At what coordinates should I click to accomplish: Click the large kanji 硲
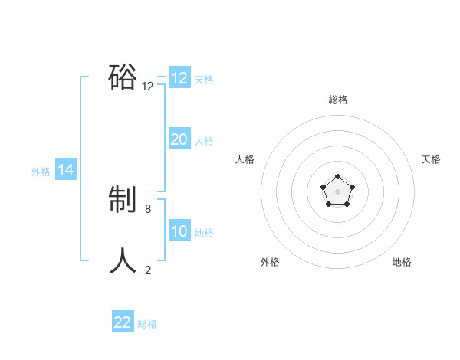pos(123,77)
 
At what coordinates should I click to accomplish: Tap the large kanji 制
pos(123,201)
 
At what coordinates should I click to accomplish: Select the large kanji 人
pos(123,261)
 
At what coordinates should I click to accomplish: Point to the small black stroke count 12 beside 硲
pos(148,87)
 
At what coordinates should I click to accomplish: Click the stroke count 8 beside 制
pos(148,208)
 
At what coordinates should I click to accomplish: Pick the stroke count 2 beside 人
pos(148,270)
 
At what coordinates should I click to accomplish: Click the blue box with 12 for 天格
pos(179,78)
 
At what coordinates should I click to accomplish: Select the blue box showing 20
pos(179,139)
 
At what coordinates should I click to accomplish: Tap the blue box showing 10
pos(179,231)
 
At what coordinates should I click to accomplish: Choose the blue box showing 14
pos(66,170)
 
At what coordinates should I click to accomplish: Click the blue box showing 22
pos(123,322)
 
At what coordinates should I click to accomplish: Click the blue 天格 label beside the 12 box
pos(204,79)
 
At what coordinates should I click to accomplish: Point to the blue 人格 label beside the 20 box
pos(204,140)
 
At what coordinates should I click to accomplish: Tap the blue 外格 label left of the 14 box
pos(41,172)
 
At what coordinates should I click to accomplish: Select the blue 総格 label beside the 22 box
pos(147,323)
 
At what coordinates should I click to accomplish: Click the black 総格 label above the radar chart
pos(337,100)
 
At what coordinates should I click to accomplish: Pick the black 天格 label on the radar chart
pos(431,159)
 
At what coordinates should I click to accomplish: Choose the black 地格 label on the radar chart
pos(402,262)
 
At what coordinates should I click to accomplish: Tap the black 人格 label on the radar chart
pos(245,159)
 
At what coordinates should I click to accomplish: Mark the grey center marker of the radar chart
pos(337,191)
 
